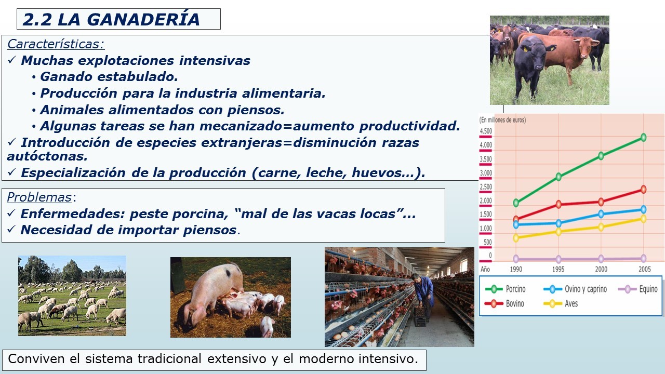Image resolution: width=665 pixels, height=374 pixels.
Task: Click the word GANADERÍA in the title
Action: point(143,20)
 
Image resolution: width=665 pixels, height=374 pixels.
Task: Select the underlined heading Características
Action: point(56,44)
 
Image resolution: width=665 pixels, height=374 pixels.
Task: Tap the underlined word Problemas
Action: point(39,197)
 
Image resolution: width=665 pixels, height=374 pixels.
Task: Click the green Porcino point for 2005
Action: point(643,138)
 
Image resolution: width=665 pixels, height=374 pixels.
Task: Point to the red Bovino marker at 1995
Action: point(558,204)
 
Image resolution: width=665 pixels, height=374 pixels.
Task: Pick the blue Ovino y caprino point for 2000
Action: point(601,214)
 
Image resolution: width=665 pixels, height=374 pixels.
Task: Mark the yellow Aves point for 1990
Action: point(516,238)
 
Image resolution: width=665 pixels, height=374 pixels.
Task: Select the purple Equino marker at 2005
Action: point(643,258)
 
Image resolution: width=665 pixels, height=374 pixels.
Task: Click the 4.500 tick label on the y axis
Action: point(486,131)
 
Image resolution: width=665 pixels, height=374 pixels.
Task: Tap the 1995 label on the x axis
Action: point(558,269)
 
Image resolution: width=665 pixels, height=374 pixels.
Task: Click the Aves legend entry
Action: point(561,304)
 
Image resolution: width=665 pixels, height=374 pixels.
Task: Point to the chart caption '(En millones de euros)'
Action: point(502,120)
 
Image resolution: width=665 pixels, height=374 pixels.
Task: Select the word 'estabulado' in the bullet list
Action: point(138,77)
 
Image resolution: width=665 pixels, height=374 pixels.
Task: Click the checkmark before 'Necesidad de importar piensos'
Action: point(11,229)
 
